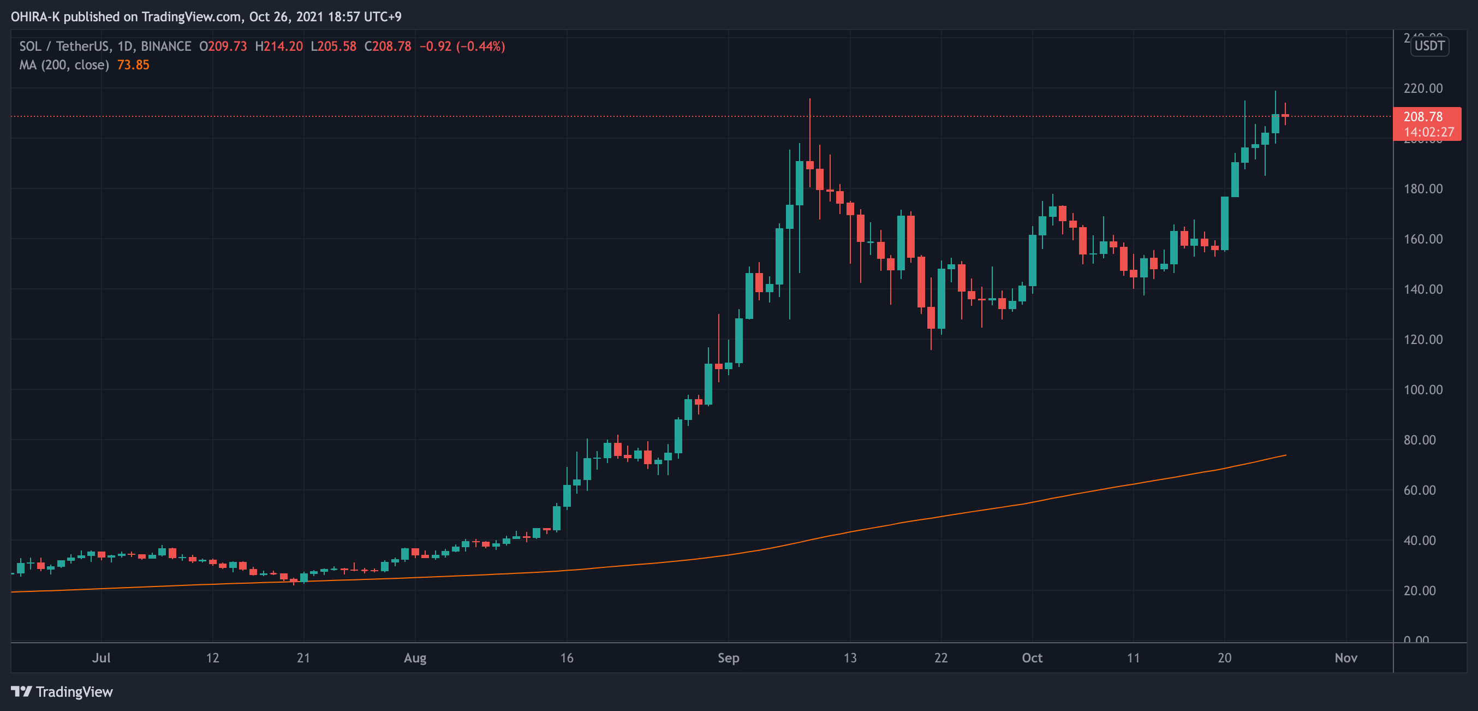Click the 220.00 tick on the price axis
1422,88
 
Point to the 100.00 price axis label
1422,390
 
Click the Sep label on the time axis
728,657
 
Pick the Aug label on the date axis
415,657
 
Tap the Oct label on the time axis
1032,657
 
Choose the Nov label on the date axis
1345,657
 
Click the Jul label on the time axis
101,657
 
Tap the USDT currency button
1429,46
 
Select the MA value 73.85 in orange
133,65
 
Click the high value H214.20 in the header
279,46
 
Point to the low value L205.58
333,46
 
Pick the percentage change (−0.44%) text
481,46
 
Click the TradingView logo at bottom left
62,691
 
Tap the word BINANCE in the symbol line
166,46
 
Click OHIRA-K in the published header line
35,16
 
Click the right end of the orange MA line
1285,455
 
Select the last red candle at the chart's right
1285,115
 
